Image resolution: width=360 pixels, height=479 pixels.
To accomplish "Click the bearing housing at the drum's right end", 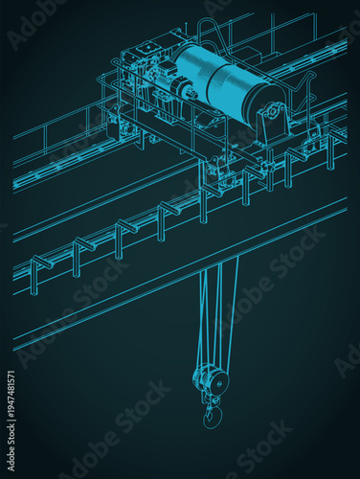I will point(271,121).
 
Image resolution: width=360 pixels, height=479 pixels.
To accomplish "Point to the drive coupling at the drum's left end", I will point(181,91).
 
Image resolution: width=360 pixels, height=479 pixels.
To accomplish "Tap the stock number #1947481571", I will point(11,393).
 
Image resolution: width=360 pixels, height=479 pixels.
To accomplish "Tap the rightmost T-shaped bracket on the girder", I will point(329,144).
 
